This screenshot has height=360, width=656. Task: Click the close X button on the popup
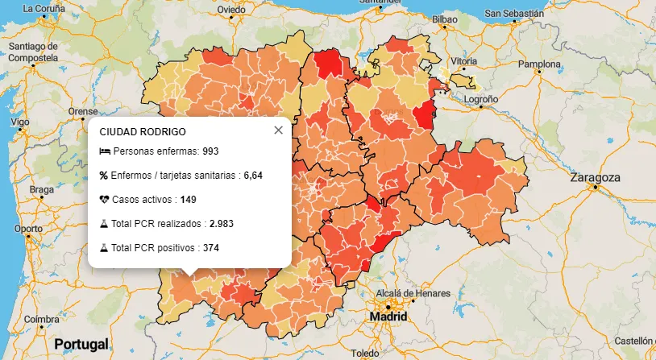pyautogui.click(x=278, y=130)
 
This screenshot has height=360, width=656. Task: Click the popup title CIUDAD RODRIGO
pyautogui.click(x=143, y=131)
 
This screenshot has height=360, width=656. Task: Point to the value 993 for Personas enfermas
pyautogui.click(x=211, y=151)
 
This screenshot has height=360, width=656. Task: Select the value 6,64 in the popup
pyautogui.click(x=253, y=176)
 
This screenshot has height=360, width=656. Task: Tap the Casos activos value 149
pyautogui.click(x=189, y=200)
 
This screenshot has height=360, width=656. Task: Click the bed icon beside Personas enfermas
pyautogui.click(x=104, y=151)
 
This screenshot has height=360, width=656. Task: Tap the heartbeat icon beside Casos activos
pyautogui.click(x=104, y=200)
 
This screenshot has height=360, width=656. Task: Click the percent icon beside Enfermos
pyautogui.click(x=104, y=176)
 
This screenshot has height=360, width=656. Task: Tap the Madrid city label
pyautogui.click(x=388, y=317)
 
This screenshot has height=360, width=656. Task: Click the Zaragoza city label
pyautogui.click(x=595, y=178)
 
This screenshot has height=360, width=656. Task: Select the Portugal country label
pyautogui.click(x=81, y=344)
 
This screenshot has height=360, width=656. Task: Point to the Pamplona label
pyautogui.click(x=538, y=64)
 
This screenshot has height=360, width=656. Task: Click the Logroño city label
pyautogui.click(x=481, y=98)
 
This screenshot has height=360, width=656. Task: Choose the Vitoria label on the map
pyautogui.click(x=463, y=61)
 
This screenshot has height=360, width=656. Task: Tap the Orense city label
pyautogui.click(x=82, y=111)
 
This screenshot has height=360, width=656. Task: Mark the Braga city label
pyautogui.click(x=41, y=190)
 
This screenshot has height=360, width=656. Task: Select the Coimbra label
pyautogui.click(x=41, y=319)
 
